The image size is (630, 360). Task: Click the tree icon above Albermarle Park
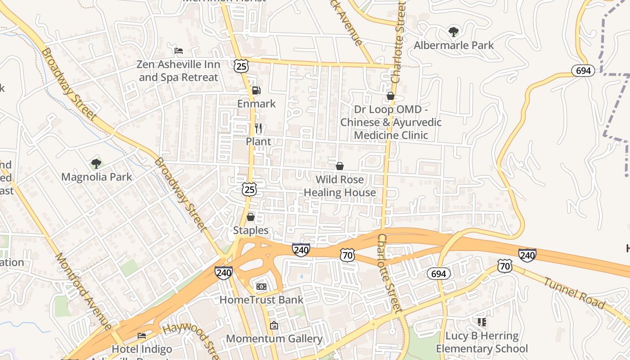point(454,32)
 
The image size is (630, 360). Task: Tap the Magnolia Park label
point(97,177)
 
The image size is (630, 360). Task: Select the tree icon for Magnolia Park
point(96,164)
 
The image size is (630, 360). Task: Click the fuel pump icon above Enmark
point(256,90)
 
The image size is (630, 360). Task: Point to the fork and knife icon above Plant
point(258,128)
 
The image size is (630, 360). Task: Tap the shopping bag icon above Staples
point(251,217)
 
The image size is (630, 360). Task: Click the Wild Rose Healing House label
point(340,186)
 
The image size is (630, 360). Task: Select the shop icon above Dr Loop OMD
point(391,96)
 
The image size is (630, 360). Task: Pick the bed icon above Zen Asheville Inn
point(179,51)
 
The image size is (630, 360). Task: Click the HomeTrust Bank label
point(261,300)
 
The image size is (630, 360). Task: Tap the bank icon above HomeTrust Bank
point(261,287)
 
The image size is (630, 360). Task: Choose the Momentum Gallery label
point(274,339)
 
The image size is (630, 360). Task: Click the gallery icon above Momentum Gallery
point(274,325)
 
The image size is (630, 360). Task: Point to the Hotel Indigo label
point(142,349)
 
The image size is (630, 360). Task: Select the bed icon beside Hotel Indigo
point(142,336)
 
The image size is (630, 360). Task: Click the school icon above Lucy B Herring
point(482,322)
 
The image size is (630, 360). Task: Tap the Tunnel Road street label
point(574,293)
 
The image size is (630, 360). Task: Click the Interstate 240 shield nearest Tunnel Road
point(527,255)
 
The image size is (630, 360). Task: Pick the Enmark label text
point(256,103)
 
